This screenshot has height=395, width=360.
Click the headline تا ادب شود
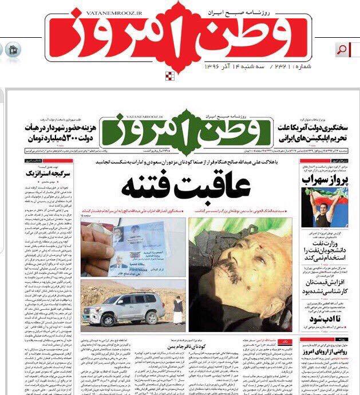pos(328,317)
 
